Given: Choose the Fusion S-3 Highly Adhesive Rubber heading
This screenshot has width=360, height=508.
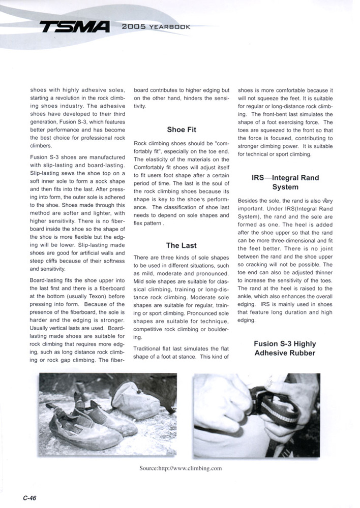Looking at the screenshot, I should coord(285,348).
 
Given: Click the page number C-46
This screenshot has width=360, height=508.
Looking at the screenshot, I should coord(28,498).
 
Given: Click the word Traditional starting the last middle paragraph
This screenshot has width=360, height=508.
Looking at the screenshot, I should coord(148,348).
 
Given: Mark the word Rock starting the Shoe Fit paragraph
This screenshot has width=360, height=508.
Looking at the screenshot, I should coord(140,143).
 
